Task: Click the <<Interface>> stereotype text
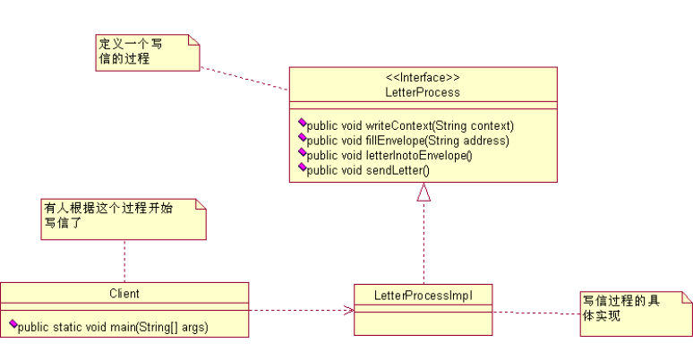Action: coord(423,78)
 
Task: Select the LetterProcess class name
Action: coord(423,91)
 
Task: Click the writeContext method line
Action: coord(410,125)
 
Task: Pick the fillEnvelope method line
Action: coord(407,140)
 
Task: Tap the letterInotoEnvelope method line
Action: coord(389,154)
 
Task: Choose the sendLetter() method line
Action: coord(368,169)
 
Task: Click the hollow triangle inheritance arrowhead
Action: coord(423,192)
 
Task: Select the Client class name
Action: coord(124,293)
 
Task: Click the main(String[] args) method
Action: coord(112,327)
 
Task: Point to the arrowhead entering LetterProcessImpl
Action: coord(349,311)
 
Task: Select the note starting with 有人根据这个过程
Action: coord(123,219)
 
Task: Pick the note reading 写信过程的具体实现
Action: coord(635,311)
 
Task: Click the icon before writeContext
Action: coord(302,124)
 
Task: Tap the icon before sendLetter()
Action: coord(302,167)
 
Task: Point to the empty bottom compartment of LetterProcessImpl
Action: coord(423,322)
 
